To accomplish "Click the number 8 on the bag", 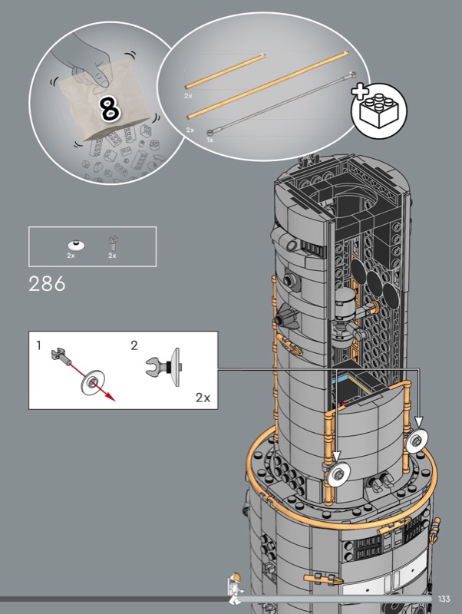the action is point(110,109).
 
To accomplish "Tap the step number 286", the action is point(47,284).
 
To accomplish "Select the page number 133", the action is point(444,599).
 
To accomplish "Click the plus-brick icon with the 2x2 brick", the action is point(379,110).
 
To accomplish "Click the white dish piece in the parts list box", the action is point(76,245).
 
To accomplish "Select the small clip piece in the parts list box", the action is point(113,243).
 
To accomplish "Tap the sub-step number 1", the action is point(38,345).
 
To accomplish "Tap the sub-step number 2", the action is point(134,345).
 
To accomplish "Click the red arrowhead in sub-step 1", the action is point(111,397).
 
